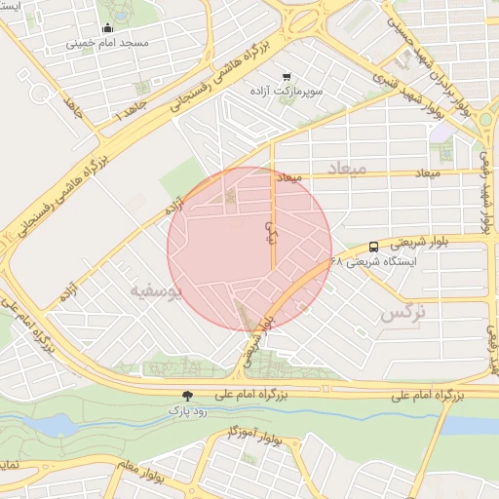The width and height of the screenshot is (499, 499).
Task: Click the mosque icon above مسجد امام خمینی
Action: [x=106, y=27]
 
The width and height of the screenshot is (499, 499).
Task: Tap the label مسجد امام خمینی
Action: [x=107, y=44]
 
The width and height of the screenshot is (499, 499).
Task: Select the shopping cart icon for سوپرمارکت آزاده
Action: [x=286, y=76]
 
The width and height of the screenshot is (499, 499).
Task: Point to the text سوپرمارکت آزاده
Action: [x=285, y=91]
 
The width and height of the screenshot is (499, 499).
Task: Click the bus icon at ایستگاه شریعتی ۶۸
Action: [x=374, y=248]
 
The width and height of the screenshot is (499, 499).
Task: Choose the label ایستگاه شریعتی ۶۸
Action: [x=374, y=262]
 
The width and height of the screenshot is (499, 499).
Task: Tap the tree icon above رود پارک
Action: [x=186, y=396]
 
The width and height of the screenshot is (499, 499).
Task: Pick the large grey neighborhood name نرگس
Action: [x=403, y=313]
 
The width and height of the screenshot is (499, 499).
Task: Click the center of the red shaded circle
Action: [x=249, y=249]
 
